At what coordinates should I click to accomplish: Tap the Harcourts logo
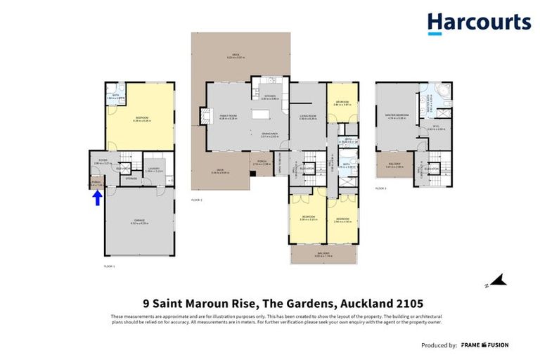tap(479, 23)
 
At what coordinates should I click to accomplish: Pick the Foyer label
tap(102, 161)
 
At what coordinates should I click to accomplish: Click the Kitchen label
tap(270, 98)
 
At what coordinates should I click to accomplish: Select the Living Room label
tap(308, 117)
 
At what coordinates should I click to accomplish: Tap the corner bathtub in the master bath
tap(445, 92)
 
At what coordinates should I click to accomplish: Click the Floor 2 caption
tap(196, 200)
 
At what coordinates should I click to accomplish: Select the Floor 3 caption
tap(381, 188)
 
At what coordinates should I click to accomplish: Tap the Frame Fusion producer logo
tap(485, 345)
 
